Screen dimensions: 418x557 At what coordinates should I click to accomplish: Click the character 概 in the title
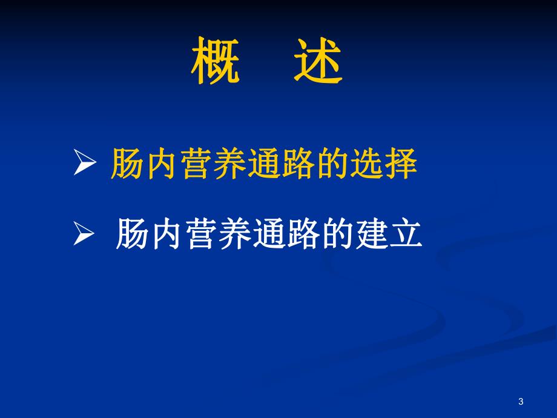click(215, 62)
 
